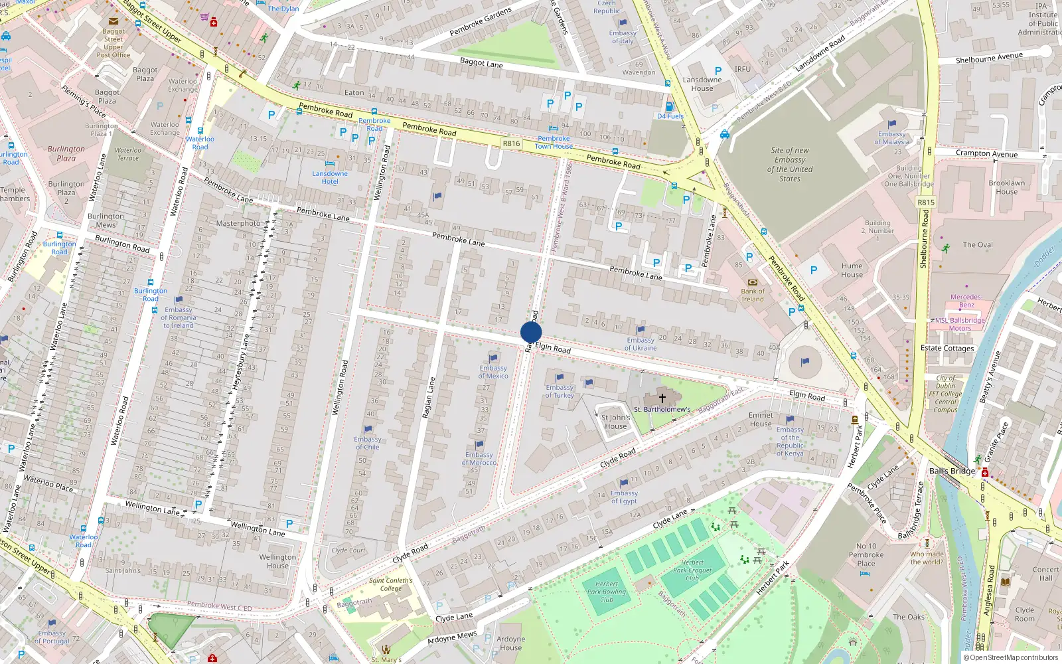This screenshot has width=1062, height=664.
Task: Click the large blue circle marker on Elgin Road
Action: point(531,332)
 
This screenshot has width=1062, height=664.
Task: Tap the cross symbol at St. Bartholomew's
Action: point(662,398)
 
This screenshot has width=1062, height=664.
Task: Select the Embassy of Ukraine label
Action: point(641,344)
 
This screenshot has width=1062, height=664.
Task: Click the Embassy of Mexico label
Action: point(493,372)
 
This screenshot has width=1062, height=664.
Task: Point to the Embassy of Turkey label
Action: point(560,391)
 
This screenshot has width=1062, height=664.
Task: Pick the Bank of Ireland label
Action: point(753,295)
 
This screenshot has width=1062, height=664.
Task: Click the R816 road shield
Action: point(511,143)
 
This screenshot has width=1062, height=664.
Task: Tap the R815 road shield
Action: point(926,203)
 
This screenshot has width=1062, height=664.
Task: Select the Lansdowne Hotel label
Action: point(330,177)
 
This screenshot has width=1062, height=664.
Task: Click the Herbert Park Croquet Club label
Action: point(692,570)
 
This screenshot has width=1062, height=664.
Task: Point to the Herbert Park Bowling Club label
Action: point(606,592)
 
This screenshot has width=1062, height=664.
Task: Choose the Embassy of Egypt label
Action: point(624,497)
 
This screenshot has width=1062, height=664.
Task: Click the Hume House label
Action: point(852,270)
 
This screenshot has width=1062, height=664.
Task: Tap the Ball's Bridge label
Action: point(952,471)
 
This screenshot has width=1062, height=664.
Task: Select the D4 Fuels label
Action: point(670,116)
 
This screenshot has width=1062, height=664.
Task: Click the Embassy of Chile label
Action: point(368,443)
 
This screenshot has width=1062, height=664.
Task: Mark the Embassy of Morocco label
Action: point(479,458)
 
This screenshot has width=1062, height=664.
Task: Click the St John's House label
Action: point(615,422)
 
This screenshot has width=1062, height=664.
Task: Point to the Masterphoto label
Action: point(238,223)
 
